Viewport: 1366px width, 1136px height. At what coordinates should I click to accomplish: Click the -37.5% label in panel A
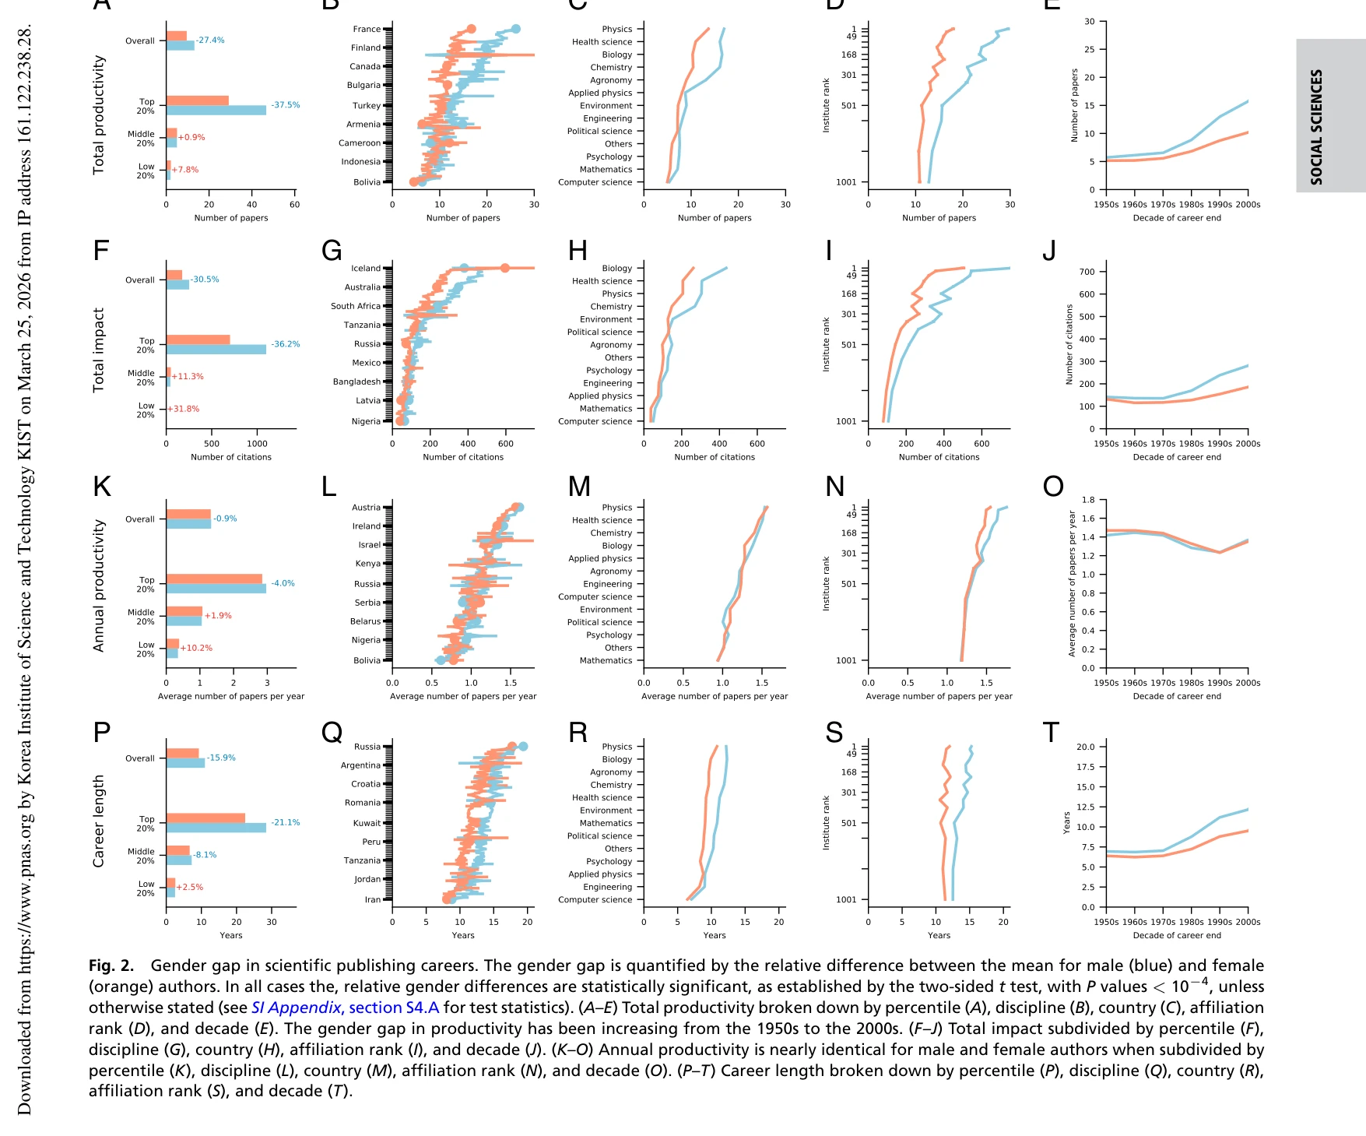click(285, 105)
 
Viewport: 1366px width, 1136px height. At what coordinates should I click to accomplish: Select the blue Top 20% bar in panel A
click(216, 111)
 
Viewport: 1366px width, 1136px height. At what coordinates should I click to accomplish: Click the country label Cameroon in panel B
click(360, 143)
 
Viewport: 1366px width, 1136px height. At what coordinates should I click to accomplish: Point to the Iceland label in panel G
click(366, 269)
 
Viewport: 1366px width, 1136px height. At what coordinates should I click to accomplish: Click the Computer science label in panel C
click(595, 182)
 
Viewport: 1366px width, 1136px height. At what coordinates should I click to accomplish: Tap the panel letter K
click(102, 487)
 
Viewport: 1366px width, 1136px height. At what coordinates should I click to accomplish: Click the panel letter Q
click(332, 733)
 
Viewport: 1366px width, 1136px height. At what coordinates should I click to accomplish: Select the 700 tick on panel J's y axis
click(1087, 273)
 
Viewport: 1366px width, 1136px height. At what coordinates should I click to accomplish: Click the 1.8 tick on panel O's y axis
click(1087, 500)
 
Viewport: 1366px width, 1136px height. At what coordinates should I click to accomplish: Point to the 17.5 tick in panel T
click(1085, 767)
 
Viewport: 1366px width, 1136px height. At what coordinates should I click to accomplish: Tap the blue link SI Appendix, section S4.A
click(345, 1008)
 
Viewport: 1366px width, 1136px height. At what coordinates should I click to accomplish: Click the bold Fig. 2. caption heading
click(111, 965)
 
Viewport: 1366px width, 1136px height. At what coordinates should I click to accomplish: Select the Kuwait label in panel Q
click(367, 823)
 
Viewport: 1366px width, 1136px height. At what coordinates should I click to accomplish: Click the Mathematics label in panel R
click(606, 823)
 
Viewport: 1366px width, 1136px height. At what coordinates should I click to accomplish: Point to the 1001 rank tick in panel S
click(846, 899)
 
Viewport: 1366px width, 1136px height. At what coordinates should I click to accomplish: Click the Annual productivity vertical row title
click(99, 586)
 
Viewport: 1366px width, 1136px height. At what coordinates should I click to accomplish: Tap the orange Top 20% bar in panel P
click(205, 818)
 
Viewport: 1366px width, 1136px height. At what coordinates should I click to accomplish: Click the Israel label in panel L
click(369, 545)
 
